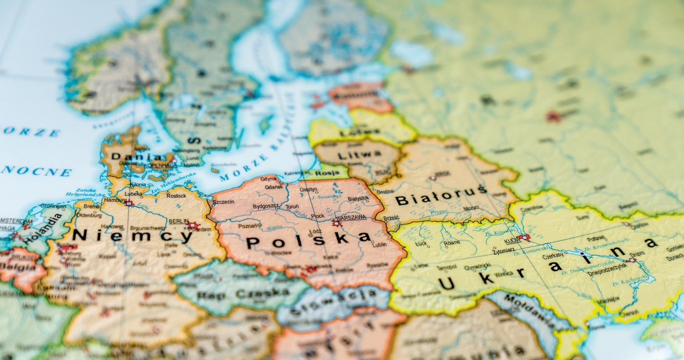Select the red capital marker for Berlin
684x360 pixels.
coord(193,226)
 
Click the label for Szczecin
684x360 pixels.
coord(223,202)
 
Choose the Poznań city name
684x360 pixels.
coord(250,225)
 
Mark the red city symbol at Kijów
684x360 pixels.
coord(524,237)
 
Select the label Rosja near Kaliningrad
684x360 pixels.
coord(324,173)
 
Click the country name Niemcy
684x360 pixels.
coord(132,236)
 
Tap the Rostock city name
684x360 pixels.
coord(176,195)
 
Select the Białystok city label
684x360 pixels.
coord(358,198)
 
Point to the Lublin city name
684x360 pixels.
coord(379,244)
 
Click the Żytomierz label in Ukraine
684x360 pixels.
coord(504,249)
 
